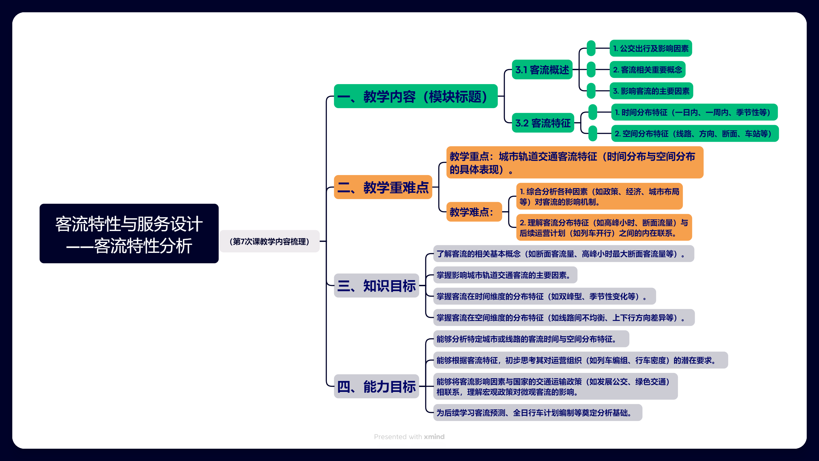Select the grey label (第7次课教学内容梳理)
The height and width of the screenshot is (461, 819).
tap(269, 241)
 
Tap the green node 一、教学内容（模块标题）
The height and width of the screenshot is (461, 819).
tap(415, 96)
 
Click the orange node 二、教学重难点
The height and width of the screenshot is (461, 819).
tap(383, 187)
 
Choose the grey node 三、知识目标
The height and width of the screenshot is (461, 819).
tap(376, 285)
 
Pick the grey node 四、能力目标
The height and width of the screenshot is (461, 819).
tap(376, 386)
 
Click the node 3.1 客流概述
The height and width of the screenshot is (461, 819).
tap(542, 69)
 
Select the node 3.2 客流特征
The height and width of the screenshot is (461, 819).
tap(543, 123)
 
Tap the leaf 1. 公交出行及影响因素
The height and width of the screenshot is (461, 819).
tap(651, 48)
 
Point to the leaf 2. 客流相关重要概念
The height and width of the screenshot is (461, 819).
tap(647, 69)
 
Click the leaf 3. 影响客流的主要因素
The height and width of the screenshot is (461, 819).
tap(651, 91)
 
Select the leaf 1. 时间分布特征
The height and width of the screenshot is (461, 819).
tap(694, 112)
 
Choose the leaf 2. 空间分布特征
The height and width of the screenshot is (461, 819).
tap(695, 133)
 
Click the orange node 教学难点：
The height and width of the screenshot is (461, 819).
tap(474, 212)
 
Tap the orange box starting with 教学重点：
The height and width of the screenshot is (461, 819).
tap(574, 162)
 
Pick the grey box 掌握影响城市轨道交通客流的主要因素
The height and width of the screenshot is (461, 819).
tap(505, 275)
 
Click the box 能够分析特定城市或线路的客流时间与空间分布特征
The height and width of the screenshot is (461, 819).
tap(531, 339)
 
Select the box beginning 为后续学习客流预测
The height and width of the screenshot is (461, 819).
tap(537, 413)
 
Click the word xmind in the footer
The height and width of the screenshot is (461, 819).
tap(434, 436)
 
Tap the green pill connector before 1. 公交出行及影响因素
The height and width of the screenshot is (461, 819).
tap(591, 48)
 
